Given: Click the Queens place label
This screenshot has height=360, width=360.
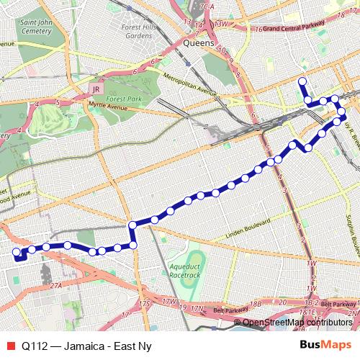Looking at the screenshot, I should (199, 43).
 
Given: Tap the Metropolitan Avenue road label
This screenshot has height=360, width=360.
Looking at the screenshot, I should (189, 84).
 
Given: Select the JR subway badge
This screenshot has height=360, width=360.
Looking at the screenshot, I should (94, 89).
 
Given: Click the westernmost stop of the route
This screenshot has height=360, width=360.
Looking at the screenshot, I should (16, 252).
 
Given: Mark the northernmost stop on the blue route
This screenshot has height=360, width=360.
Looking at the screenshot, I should (302, 81).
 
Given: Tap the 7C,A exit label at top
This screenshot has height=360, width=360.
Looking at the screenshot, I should (209, 6).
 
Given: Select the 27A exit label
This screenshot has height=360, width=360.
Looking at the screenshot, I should (56, 285).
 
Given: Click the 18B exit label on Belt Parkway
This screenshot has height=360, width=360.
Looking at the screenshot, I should (255, 303).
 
